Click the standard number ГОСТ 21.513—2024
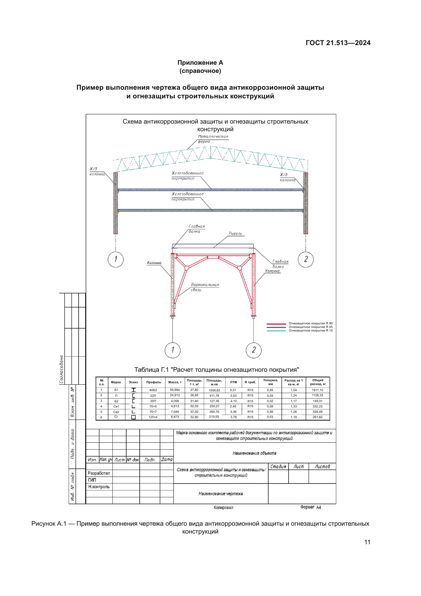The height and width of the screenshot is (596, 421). pos(338,43)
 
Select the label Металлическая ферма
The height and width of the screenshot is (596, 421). pos(213,139)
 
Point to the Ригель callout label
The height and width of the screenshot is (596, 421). pos(235,234)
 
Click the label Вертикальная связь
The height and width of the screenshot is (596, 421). pos(205,287)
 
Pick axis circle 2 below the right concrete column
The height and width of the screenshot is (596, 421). pos(306,259)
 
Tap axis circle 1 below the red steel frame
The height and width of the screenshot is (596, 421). pos(173,350)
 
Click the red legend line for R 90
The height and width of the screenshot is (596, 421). pos(276,324)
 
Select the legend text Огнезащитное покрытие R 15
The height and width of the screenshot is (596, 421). pos(310,331)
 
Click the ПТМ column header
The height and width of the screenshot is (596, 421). pos(233,382)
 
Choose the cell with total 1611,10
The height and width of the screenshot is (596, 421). pos(317,390)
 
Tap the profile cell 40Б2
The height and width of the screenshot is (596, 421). pos(153,390)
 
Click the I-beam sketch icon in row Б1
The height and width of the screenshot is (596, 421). pos(134,390)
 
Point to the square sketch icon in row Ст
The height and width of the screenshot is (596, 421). pos(134,417)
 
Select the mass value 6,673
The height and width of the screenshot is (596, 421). pos(175,417)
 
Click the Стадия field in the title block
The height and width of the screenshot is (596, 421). pos(278,467)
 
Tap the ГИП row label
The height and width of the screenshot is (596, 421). pos(92,480)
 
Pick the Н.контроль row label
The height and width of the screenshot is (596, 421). pos(99,487)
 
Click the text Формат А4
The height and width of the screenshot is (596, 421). pos(311,507)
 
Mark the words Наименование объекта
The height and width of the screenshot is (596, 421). pos(254,453)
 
